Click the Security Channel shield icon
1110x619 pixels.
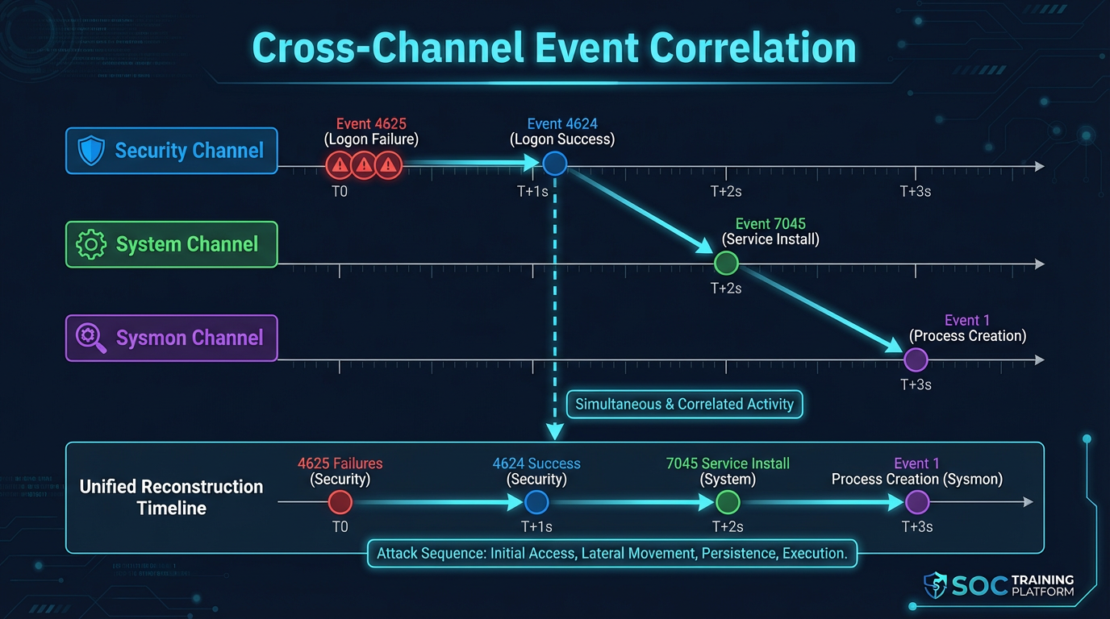click(x=90, y=151)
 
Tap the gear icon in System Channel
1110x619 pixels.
click(x=90, y=244)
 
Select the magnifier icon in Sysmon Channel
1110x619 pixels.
click(x=90, y=338)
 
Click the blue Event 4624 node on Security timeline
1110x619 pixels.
click(x=555, y=164)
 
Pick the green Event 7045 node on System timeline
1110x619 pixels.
click(x=726, y=263)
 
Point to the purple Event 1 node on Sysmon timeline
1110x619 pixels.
click(x=916, y=359)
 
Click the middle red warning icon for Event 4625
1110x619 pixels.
click(x=364, y=166)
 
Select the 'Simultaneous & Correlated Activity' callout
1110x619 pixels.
click(x=685, y=404)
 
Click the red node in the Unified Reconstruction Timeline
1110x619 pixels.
click(x=340, y=503)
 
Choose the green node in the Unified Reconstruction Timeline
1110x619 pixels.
click(x=728, y=503)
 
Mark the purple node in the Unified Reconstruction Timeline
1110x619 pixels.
click(x=917, y=503)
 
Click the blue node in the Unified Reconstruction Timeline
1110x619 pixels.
click(x=536, y=503)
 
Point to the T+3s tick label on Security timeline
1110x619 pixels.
click(x=916, y=192)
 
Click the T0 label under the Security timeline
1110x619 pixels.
click(x=340, y=192)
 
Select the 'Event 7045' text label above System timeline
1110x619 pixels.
click(x=770, y=224)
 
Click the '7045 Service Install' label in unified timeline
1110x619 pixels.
click(x=728, y=463)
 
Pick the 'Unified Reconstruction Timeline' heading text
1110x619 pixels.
click(x=171, y=497)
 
